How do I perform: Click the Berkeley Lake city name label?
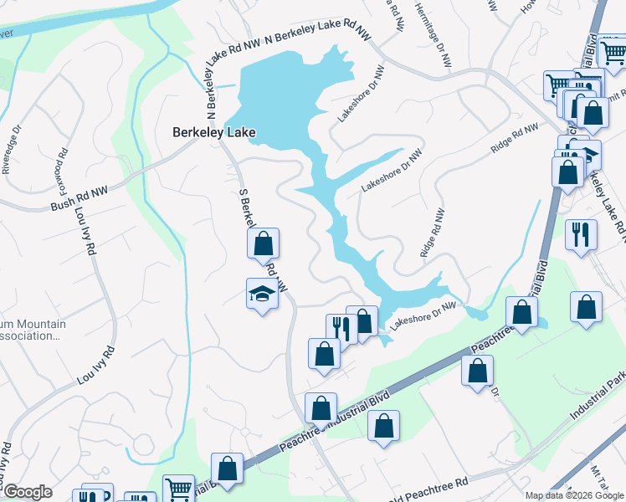click(x=213, y=132)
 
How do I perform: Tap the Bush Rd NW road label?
click(x=80, y=199)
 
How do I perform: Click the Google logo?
click(x=28, y=492)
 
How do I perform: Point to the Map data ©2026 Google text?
click(x=575, y=495)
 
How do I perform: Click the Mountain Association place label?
click(x=30, y=330)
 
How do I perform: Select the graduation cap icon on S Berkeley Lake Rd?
click(x=262, y=295)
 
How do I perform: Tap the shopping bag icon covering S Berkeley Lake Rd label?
click(x=263, y=243)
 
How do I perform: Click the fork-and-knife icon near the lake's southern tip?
click(x=341, y=326)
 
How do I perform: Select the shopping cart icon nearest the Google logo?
click(x=177, y=489)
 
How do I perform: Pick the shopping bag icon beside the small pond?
click(x=521, y=313)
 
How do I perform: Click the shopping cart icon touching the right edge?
click(x=613, y=52)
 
